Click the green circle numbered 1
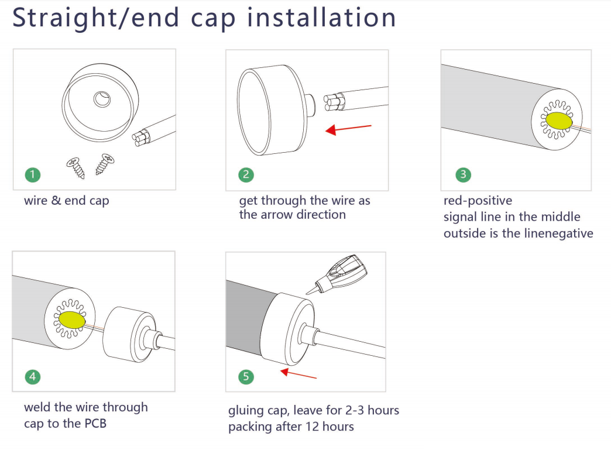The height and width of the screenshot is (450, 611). point(33,174)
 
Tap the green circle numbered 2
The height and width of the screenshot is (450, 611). point(246,174)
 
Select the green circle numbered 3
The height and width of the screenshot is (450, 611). point(463,174)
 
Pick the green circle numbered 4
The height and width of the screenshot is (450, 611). point(33,376)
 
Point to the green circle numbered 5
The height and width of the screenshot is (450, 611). point(246,376)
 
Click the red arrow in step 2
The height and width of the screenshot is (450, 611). point(348,129)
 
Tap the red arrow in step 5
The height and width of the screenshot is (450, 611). point(298,374)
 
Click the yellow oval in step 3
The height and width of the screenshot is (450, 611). point(559,121)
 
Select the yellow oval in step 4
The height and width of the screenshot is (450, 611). point(72,320)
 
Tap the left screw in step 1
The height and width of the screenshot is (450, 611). point(76,167)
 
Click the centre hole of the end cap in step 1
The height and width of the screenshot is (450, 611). point(102,99)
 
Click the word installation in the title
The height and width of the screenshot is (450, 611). point(321,18)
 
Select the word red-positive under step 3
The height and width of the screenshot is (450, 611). point(478,201)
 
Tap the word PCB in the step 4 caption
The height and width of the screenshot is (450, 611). point(95,424)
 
